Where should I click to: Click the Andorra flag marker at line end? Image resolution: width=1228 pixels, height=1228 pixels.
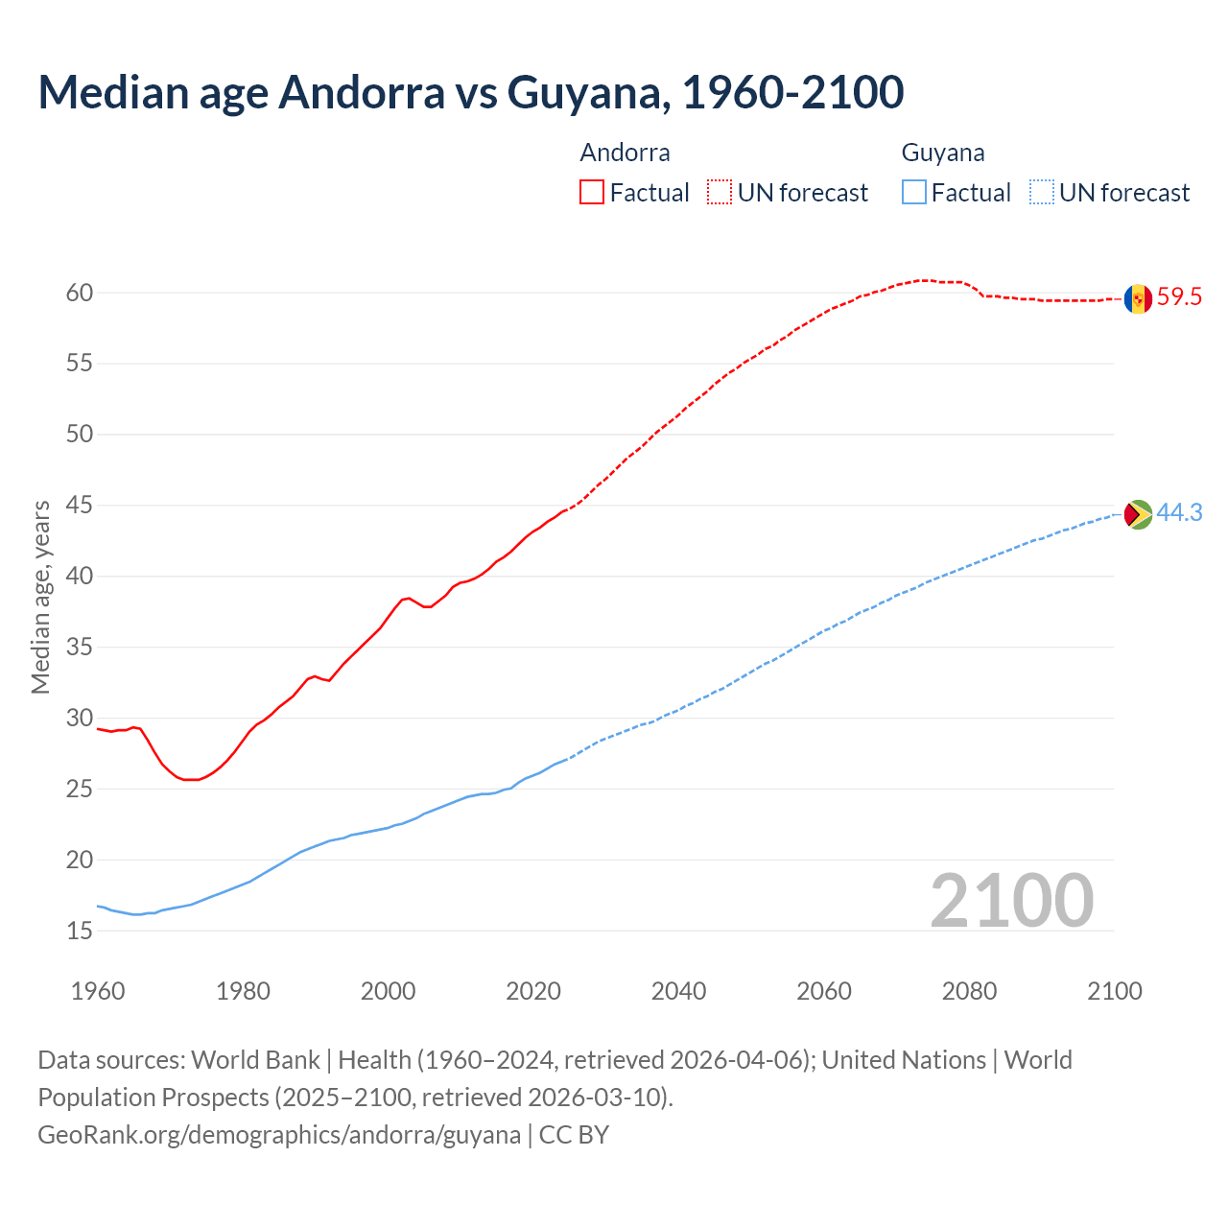(1138, 298)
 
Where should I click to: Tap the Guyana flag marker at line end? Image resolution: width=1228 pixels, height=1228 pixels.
(1138, 514)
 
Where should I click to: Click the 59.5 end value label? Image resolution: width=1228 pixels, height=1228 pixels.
(1179, 297)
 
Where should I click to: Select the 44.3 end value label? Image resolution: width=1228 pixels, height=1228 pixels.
(1179, 513)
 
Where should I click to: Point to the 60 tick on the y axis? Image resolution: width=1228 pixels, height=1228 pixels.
(80, 293)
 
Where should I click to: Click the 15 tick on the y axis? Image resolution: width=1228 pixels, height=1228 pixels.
(80, 931)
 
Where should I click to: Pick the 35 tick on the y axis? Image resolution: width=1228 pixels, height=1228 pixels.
(80, 648)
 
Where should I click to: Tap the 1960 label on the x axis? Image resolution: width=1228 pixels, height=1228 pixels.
(98, 991)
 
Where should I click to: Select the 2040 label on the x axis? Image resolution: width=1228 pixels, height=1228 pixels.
(678, 991)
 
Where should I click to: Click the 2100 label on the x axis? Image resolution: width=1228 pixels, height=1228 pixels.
(1114, 991)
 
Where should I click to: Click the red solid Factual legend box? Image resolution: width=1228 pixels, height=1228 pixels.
(592, 192)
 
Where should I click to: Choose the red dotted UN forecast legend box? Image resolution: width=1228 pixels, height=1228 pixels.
(720, 192)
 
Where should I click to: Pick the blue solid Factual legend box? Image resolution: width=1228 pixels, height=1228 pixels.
(914, 192)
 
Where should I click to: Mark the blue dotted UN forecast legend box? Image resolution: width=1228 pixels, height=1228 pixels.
(1042, 192)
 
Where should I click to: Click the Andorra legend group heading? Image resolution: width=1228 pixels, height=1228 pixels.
(625, 153)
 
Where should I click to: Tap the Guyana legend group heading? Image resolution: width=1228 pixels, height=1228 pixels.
(943, 153)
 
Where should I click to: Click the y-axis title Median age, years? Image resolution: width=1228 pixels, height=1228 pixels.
(40, 597)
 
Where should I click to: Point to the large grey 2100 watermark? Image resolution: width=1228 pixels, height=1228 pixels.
(1012, 900)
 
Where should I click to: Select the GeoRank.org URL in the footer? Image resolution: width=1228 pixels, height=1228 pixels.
(279, 1135)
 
